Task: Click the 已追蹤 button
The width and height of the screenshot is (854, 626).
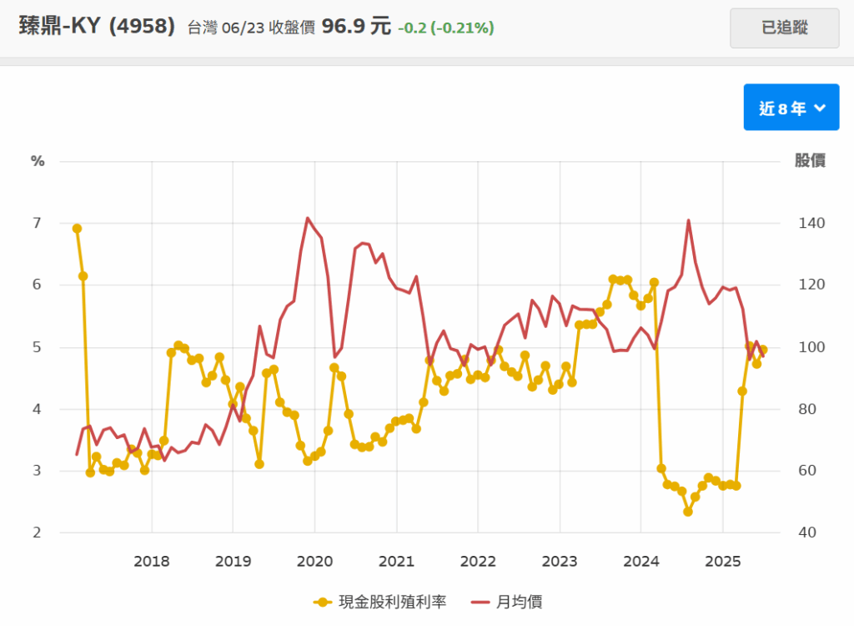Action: [x=784, y=28]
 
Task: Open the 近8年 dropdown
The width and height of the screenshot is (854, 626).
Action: [x=791, y=108]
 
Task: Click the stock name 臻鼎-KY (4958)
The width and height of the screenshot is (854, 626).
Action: [x=97, y=27]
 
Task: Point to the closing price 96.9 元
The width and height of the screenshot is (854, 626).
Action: [x=356, y=27]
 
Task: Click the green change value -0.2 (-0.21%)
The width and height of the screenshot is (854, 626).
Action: [x=445, y=28]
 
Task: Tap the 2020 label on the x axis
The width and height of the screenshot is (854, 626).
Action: [x=315, y=561]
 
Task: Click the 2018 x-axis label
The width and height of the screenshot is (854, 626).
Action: [x=152, y=561]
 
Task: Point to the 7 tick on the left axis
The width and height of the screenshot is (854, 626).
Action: [x=38, y=223]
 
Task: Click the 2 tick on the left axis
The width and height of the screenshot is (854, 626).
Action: [x=38, y=533]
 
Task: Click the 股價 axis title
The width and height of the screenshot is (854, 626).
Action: [x=810, y=161]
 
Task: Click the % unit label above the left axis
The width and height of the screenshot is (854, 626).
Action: [x=38, y=161]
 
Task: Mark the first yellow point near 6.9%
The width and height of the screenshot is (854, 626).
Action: [x=77, y=228]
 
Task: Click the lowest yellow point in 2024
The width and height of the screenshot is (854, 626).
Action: [x=688, y=511]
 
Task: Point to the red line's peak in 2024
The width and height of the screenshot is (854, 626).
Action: [x=688, y=220]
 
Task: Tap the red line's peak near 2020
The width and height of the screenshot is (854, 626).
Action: [x=308, y=219]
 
